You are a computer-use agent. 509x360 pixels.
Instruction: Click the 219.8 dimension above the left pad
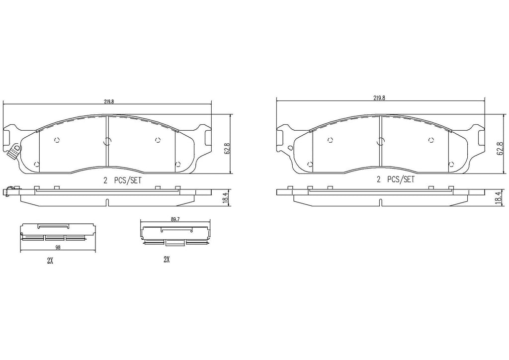[x=109, y=101]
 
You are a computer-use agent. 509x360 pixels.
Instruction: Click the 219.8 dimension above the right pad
[x=379, y=98]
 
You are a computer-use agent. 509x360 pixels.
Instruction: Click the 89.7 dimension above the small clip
[x=175, y=219]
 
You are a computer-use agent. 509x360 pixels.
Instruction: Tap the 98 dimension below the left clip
[x=58, y=247]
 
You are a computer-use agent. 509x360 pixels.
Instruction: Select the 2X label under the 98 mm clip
[x=50, y=261]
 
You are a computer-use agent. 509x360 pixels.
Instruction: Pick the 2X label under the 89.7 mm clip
[x=167, y=260]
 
